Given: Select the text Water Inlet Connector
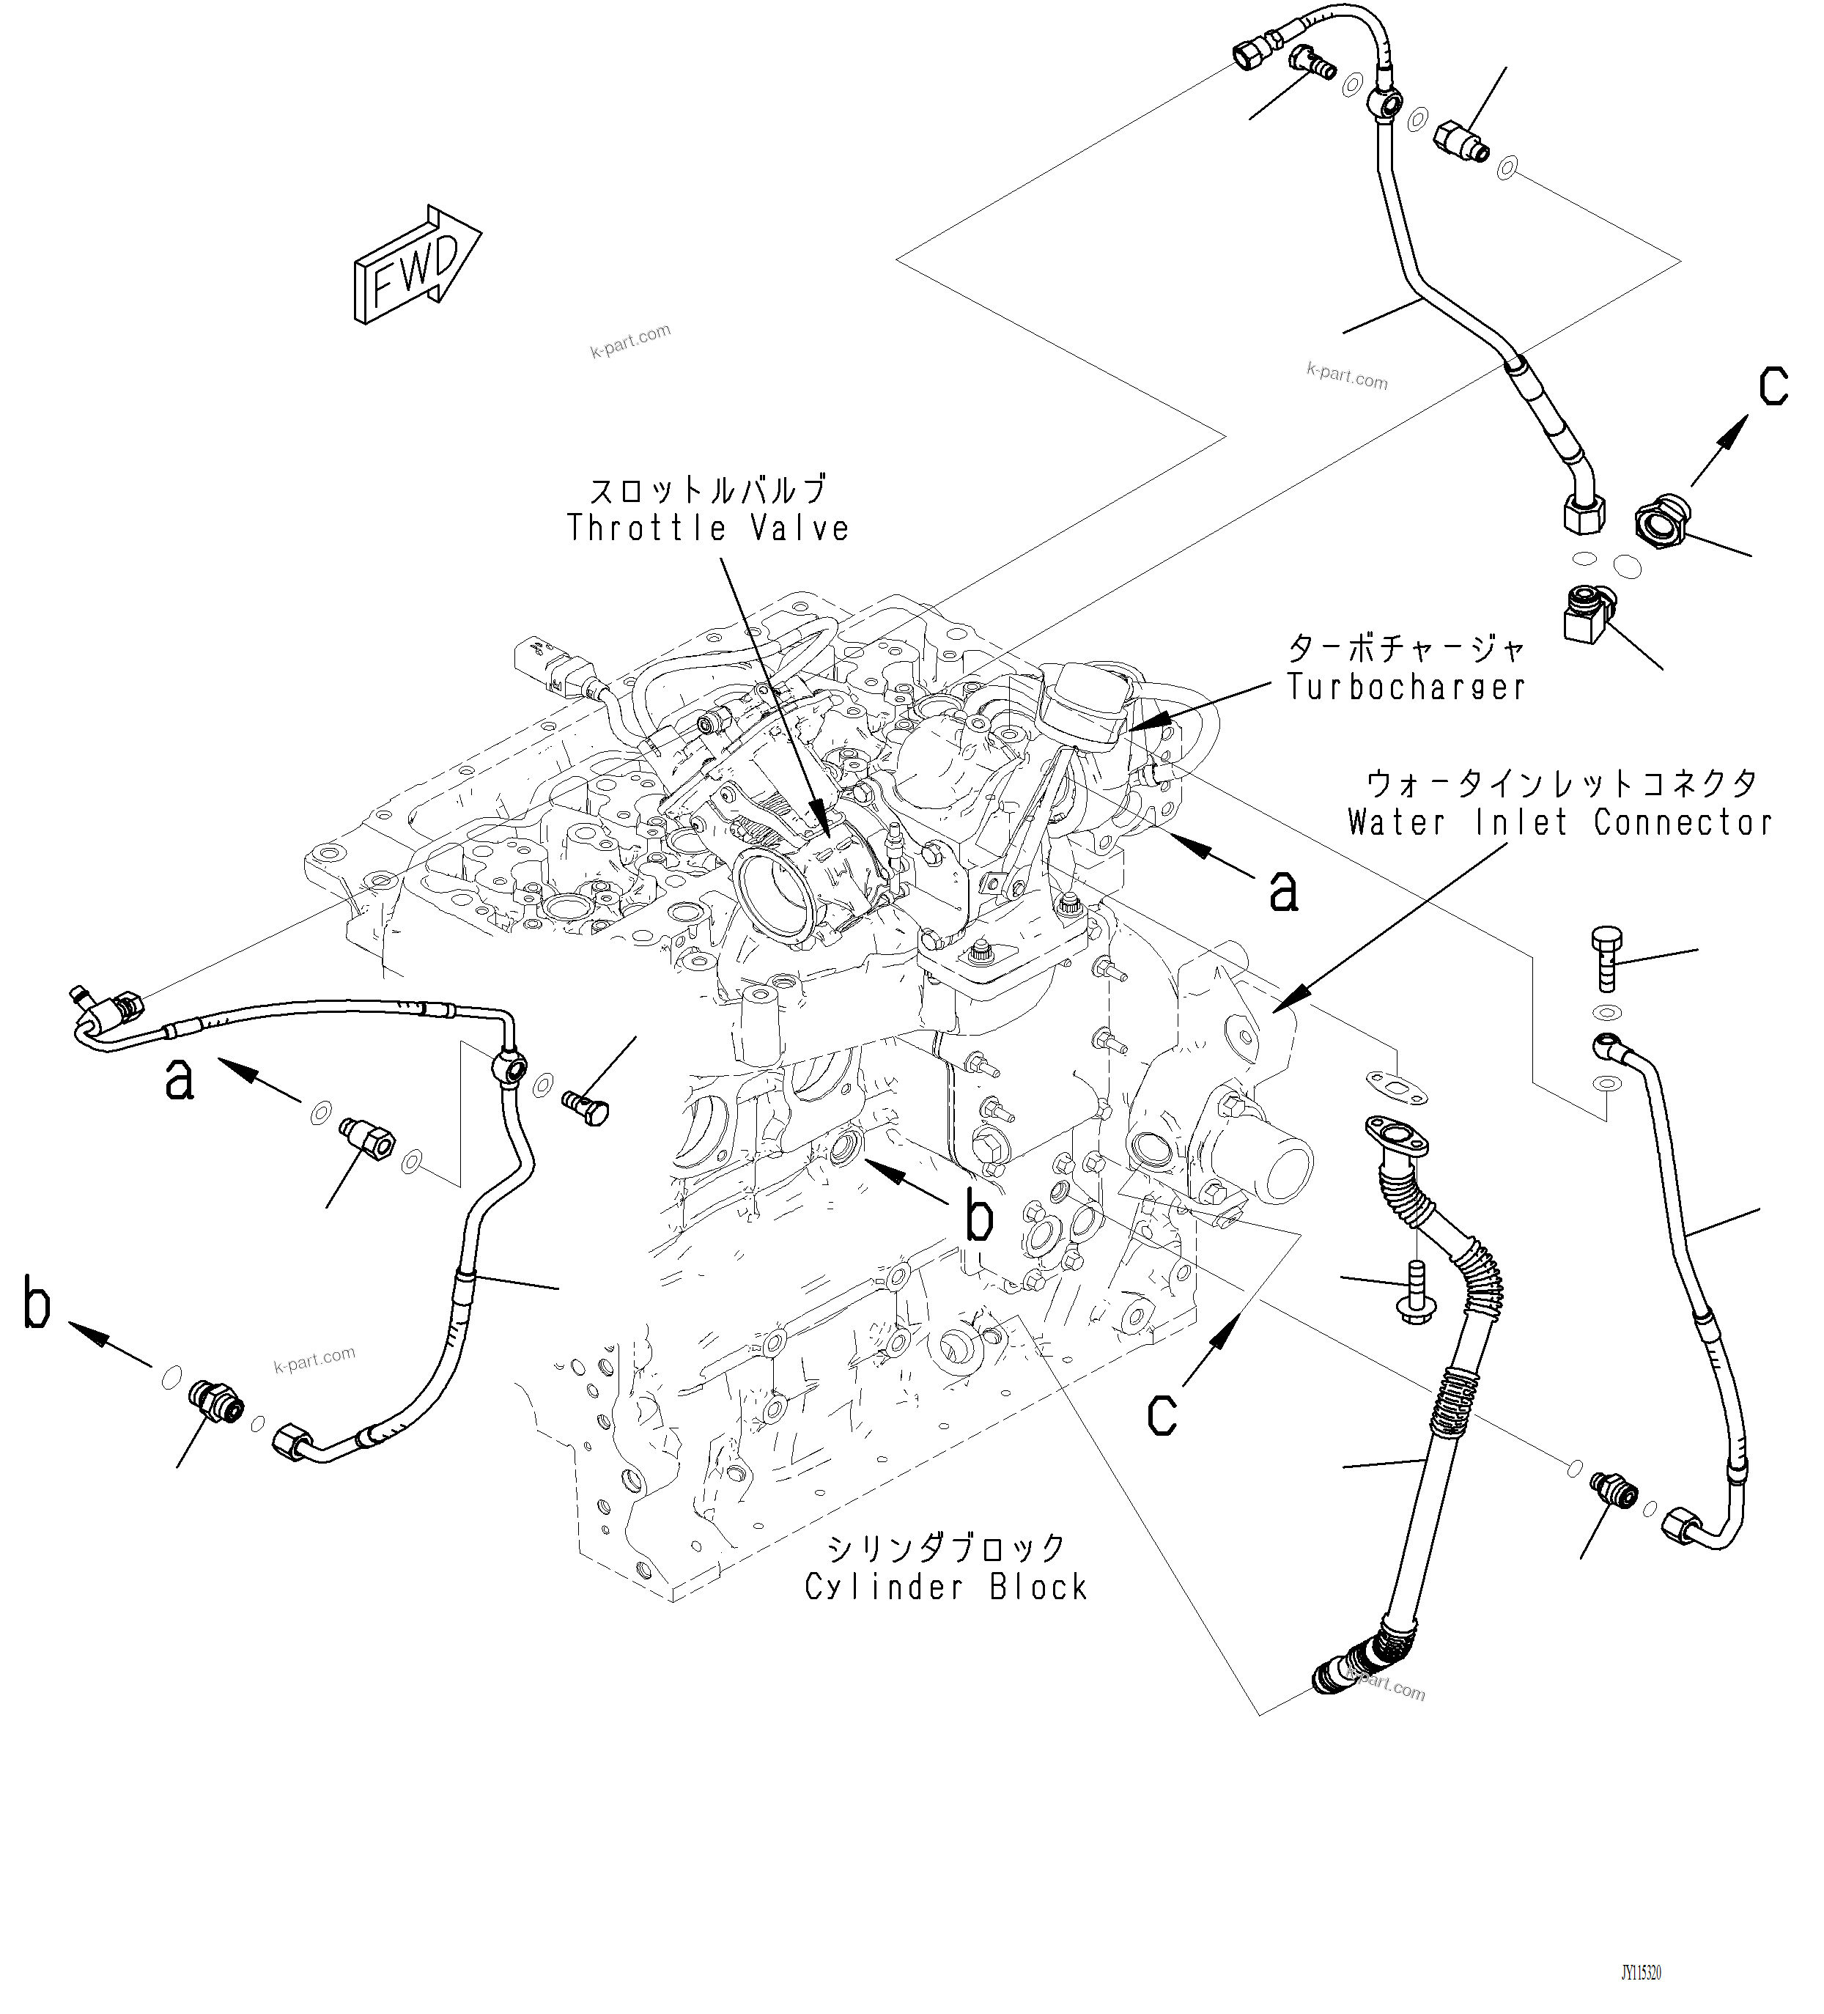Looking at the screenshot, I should [x=1559, y=822].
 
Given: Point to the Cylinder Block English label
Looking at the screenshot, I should [x=946, y=1587].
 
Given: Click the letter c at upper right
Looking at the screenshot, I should [x=1773, y=387].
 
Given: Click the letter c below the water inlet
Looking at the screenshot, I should [x=1162, y=1414].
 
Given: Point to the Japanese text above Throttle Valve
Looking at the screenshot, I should [x=708, y=490].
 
